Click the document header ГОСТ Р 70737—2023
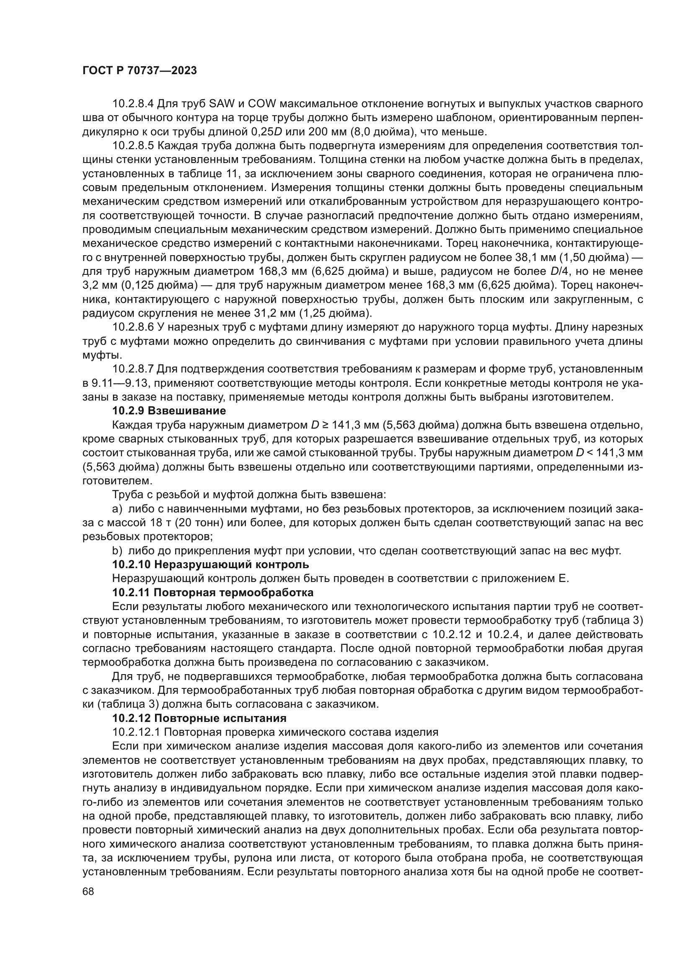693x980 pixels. tap(140, 71)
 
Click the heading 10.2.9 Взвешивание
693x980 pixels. tap(169, 411)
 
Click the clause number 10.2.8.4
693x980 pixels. tap(134, 104)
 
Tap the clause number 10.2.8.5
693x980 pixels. tap(134, 145)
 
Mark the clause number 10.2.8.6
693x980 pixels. tap(134, 327)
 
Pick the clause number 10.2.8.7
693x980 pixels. tap(134, 369)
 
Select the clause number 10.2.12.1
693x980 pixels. tap(136, 732)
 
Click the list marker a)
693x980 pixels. tap(117, 509)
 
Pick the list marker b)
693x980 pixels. tap(117, 551)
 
